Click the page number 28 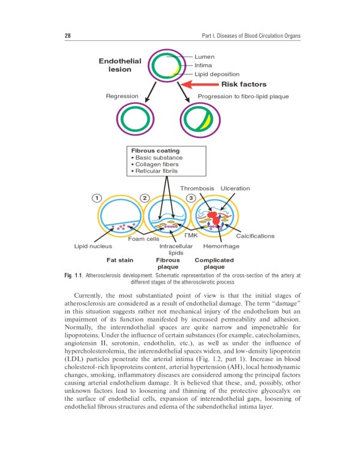68,36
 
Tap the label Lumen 205,56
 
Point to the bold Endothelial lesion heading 120,65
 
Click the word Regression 122,96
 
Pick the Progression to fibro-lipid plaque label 243,96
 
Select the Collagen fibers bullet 157,164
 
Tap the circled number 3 191,198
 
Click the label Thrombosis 197,188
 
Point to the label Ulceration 235,188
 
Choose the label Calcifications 255,236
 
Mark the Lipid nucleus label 93,247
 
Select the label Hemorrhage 221,247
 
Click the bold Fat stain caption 120,260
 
